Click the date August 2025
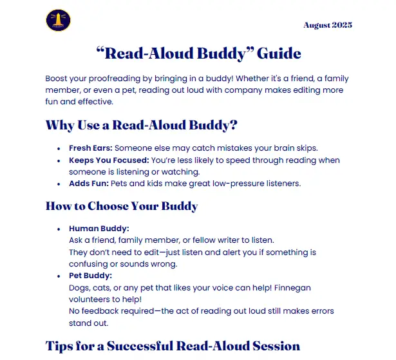coord(328,25)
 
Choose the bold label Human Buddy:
coord(99,229)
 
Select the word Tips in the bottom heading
coord(61,346)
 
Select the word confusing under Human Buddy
coord(91,264)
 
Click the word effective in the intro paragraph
coord(95,102)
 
